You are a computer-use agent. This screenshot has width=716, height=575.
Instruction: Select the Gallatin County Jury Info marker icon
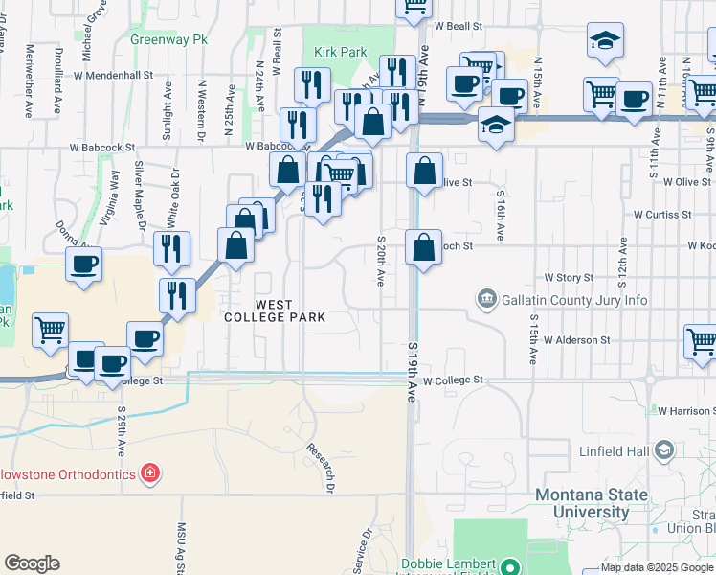tap(487, 300)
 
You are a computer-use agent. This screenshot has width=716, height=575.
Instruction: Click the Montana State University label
tap(593, 503)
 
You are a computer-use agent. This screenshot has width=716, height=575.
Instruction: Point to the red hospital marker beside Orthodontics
tap(148, 473)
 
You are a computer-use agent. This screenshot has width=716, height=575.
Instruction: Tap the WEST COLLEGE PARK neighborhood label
tap(275, 310)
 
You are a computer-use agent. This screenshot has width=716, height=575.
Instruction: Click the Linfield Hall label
tap(614, 450)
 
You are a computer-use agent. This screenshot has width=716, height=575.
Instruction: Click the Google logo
tap(32, 563)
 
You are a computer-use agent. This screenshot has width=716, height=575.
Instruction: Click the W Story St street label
tap(569, 278)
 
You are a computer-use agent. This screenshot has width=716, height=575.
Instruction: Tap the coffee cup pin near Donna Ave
tap(83, 264)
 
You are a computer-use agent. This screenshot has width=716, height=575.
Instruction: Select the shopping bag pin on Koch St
tap(423, 247)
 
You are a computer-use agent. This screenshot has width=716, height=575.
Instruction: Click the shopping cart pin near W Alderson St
tap(702, 340)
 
